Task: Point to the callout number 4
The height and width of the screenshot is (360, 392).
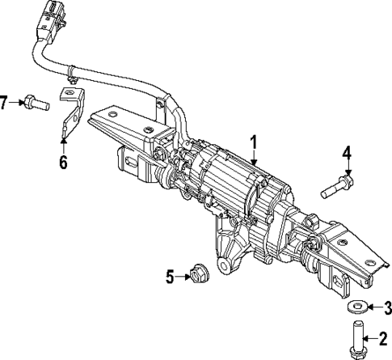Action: [347, 152]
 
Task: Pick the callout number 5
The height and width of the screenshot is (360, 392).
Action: [170, 277]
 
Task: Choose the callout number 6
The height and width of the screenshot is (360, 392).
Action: [63, 161]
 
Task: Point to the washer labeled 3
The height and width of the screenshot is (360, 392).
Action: [356, 307]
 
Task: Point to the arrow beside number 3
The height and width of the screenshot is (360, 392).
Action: [373, 307]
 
